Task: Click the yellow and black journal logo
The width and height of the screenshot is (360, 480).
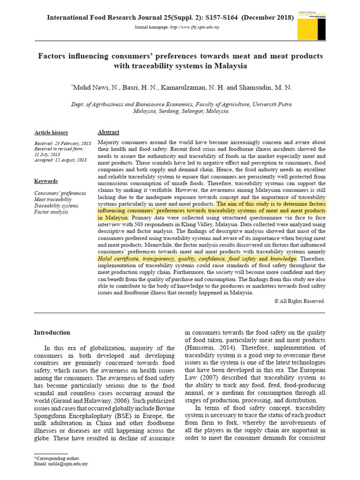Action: tap(312, 26)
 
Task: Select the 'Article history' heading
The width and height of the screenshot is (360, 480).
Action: tap(51, 133)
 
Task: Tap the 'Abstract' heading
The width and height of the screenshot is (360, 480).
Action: tap(108, 132)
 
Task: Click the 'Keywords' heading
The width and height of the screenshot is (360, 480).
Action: tap(46, 181)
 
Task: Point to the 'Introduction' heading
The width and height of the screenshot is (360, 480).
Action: tap(52, 332)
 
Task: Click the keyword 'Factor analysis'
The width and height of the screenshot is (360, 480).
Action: tap(51, 212)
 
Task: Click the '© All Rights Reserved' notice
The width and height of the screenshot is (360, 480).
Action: tap(299, 301)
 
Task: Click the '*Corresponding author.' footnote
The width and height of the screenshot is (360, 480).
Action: tap(57, 458)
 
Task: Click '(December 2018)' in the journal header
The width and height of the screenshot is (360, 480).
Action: tap(268, 18)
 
